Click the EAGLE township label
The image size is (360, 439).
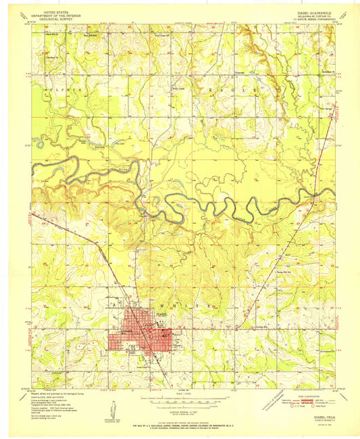click(241, 89)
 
